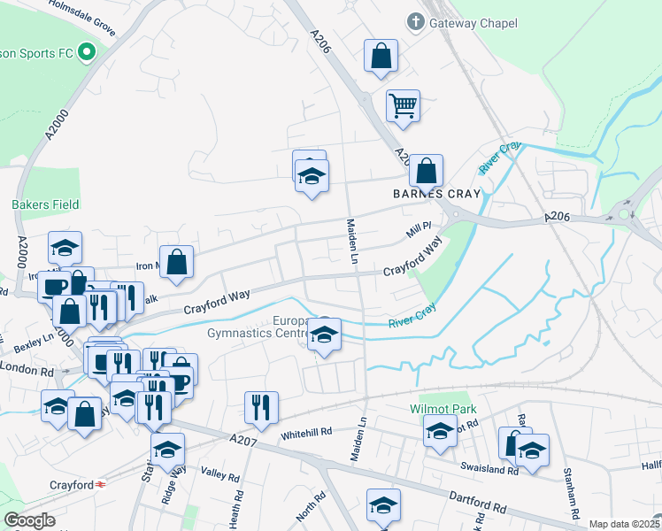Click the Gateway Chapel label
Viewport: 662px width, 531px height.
point(473,23)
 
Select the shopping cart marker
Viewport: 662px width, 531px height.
point(403,106)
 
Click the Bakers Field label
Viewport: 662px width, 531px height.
point(45,204)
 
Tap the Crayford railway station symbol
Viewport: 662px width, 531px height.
point(101,484)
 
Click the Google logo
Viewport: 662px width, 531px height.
point(29,520)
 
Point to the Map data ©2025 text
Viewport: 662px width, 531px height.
point(625,524)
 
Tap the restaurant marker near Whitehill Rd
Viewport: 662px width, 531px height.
point(261,407)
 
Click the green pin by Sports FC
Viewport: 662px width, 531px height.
point(86,53)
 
